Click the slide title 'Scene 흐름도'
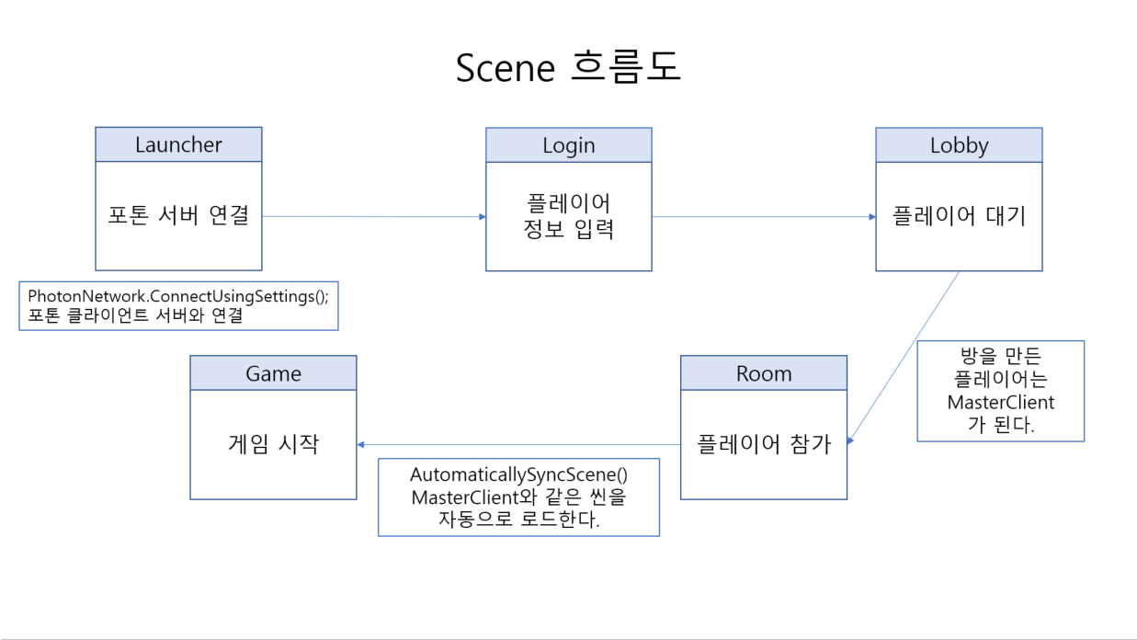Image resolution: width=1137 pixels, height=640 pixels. pos(568,68)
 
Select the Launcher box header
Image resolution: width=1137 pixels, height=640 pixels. pos(178,144)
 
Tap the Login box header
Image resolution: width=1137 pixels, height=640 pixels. pos(568,145)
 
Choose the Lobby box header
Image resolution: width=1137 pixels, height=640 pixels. pos(959,145)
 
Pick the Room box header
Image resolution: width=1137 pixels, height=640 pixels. pos(763,373)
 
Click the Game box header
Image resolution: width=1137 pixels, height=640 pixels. pos(273,373)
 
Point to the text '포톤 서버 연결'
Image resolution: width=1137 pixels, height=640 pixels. pos(178,217)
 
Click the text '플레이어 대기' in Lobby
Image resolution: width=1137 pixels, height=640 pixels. pos(959,217)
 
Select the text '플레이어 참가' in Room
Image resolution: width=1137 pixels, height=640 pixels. pos(763,445)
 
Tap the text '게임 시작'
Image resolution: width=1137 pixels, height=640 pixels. pos(273,445)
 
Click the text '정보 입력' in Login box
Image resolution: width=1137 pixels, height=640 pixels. pos(568,229)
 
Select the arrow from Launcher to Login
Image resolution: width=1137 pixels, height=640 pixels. pos(373,217)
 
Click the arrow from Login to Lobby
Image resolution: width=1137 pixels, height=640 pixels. pos(763,217)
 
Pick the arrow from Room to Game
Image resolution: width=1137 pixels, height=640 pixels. pos(518,445)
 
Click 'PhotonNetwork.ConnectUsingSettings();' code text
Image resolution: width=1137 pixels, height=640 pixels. pos(177,296)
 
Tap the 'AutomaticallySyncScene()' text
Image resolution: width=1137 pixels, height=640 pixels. pos(518,475)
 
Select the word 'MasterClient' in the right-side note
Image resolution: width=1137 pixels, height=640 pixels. pos(1001,403)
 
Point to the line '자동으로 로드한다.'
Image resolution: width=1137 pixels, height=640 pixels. pos(518,520)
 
